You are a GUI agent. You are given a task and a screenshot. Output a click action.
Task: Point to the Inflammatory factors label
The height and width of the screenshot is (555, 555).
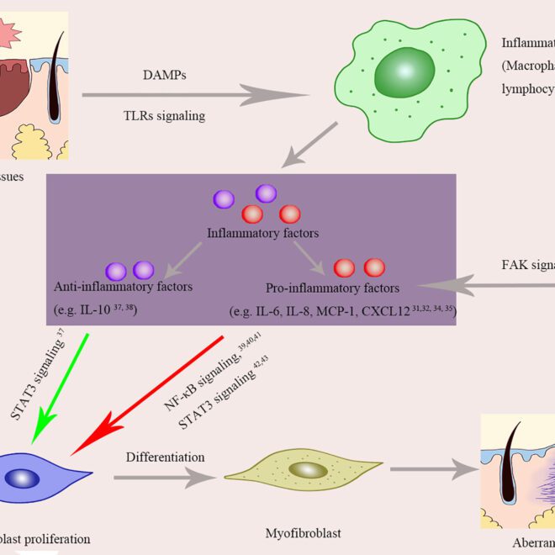point(254,231)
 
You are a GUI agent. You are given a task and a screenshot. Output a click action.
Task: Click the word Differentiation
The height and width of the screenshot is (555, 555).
point(166,457)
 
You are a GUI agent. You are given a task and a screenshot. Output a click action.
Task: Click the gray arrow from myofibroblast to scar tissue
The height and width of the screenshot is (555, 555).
point(429,472)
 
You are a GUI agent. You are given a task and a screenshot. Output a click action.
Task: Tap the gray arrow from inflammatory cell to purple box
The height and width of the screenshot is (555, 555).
point(311,144)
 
